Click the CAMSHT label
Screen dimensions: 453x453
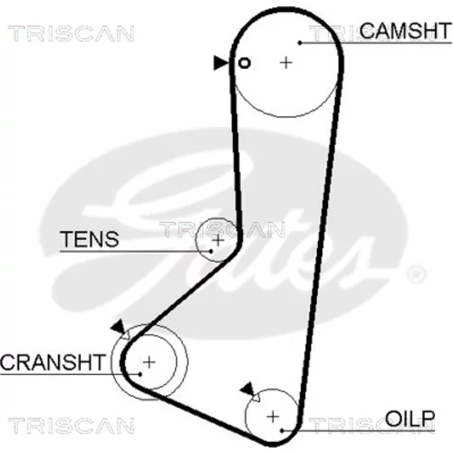click(x=405, y=31)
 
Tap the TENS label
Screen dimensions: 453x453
click(x=90, y=239)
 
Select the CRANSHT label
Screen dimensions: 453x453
click(x=53, y=362)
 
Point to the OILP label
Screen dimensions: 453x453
click(x=410, y=419)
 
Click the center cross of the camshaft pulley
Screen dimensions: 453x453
click(x=286, y=63)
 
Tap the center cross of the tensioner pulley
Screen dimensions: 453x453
click(x=218, y=240)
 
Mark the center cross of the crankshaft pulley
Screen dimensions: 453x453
click(x=149, y=361)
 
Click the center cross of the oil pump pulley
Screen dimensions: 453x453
click(x=273, y=417)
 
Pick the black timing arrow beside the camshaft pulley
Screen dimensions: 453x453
click(x=221, y=63)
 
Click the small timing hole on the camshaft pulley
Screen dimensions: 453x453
click(x=245, y=63)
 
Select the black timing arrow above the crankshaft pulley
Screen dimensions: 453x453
click(x=118, y=326)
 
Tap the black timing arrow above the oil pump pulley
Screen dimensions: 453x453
click(x=247, y=389)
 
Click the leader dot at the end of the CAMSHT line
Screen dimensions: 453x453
click(x=300, y=43)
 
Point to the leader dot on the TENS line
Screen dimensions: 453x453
click(x=211, y=251)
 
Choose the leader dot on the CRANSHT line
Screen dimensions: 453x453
click(x=140, y=374)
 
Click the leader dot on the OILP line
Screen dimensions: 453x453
click(x=282, y=430)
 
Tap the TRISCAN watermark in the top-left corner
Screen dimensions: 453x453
click(x=72, y=34)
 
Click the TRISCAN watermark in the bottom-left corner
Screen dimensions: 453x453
click(x=72, y=426)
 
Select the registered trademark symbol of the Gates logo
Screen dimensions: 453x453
click(x=417, y=275)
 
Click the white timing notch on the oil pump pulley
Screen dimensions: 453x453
click(x=255, y=397)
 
